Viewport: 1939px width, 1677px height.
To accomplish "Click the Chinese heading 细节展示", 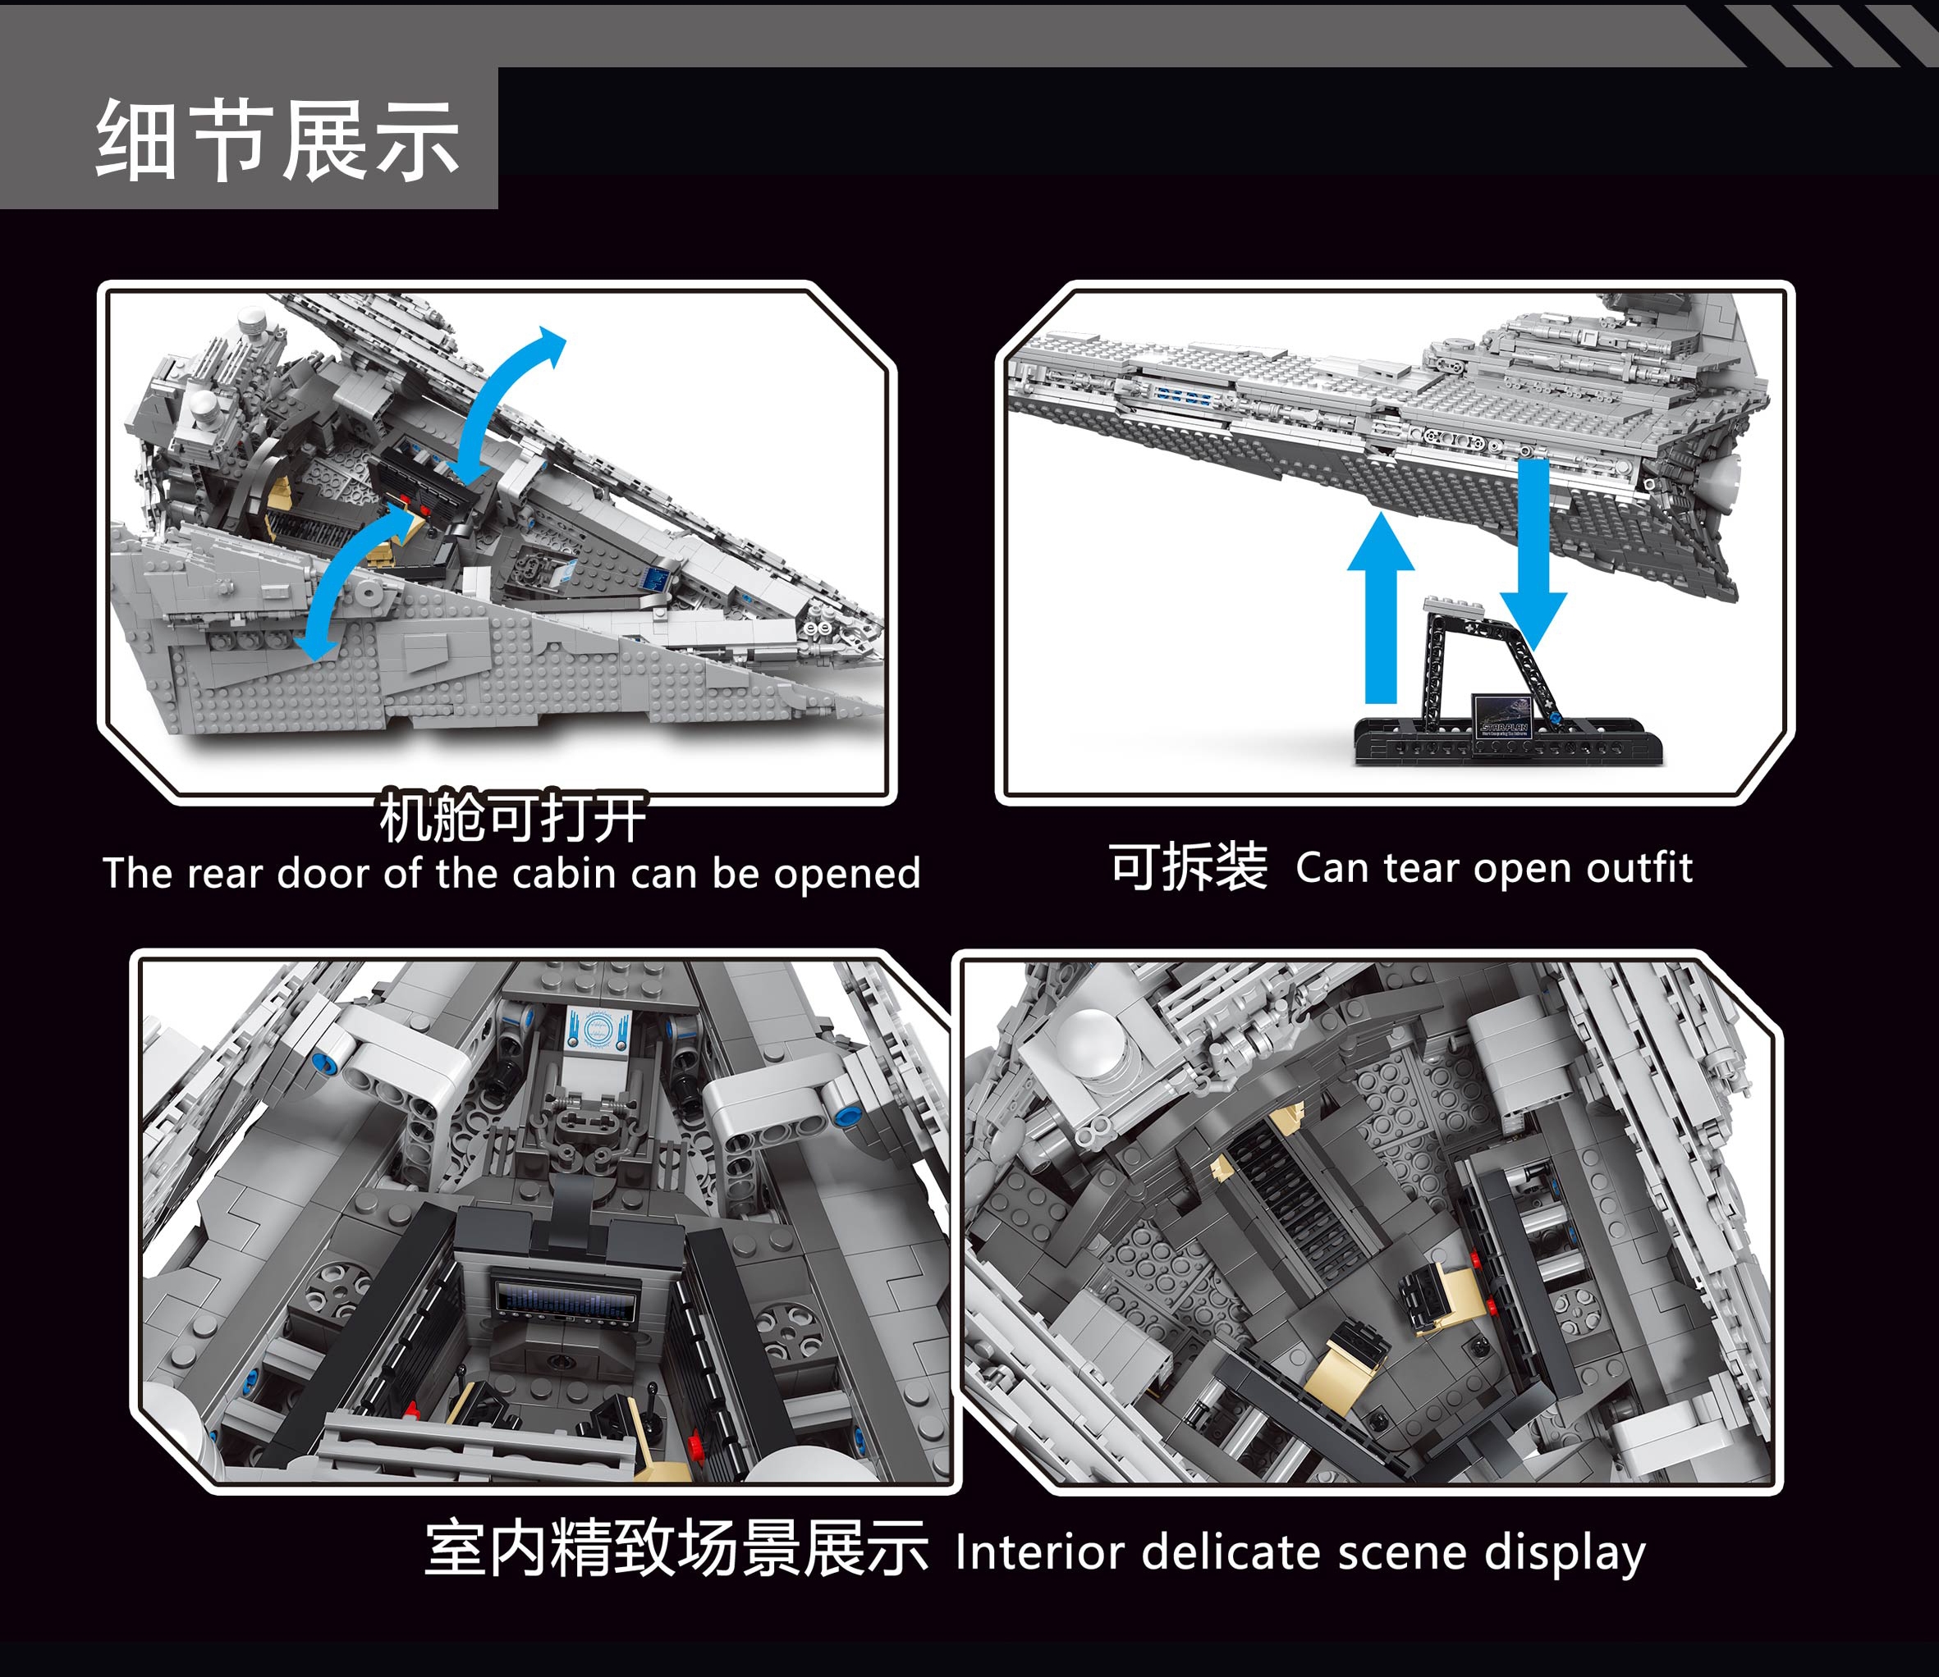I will (278, 140).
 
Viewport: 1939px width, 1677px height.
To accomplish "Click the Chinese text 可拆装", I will (1188, 866).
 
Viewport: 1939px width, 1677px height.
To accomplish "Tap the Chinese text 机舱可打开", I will (512, 817).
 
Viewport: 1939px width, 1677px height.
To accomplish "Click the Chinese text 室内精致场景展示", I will (676, 1549).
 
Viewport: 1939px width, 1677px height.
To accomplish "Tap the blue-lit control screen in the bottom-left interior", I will (565, 1300).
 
